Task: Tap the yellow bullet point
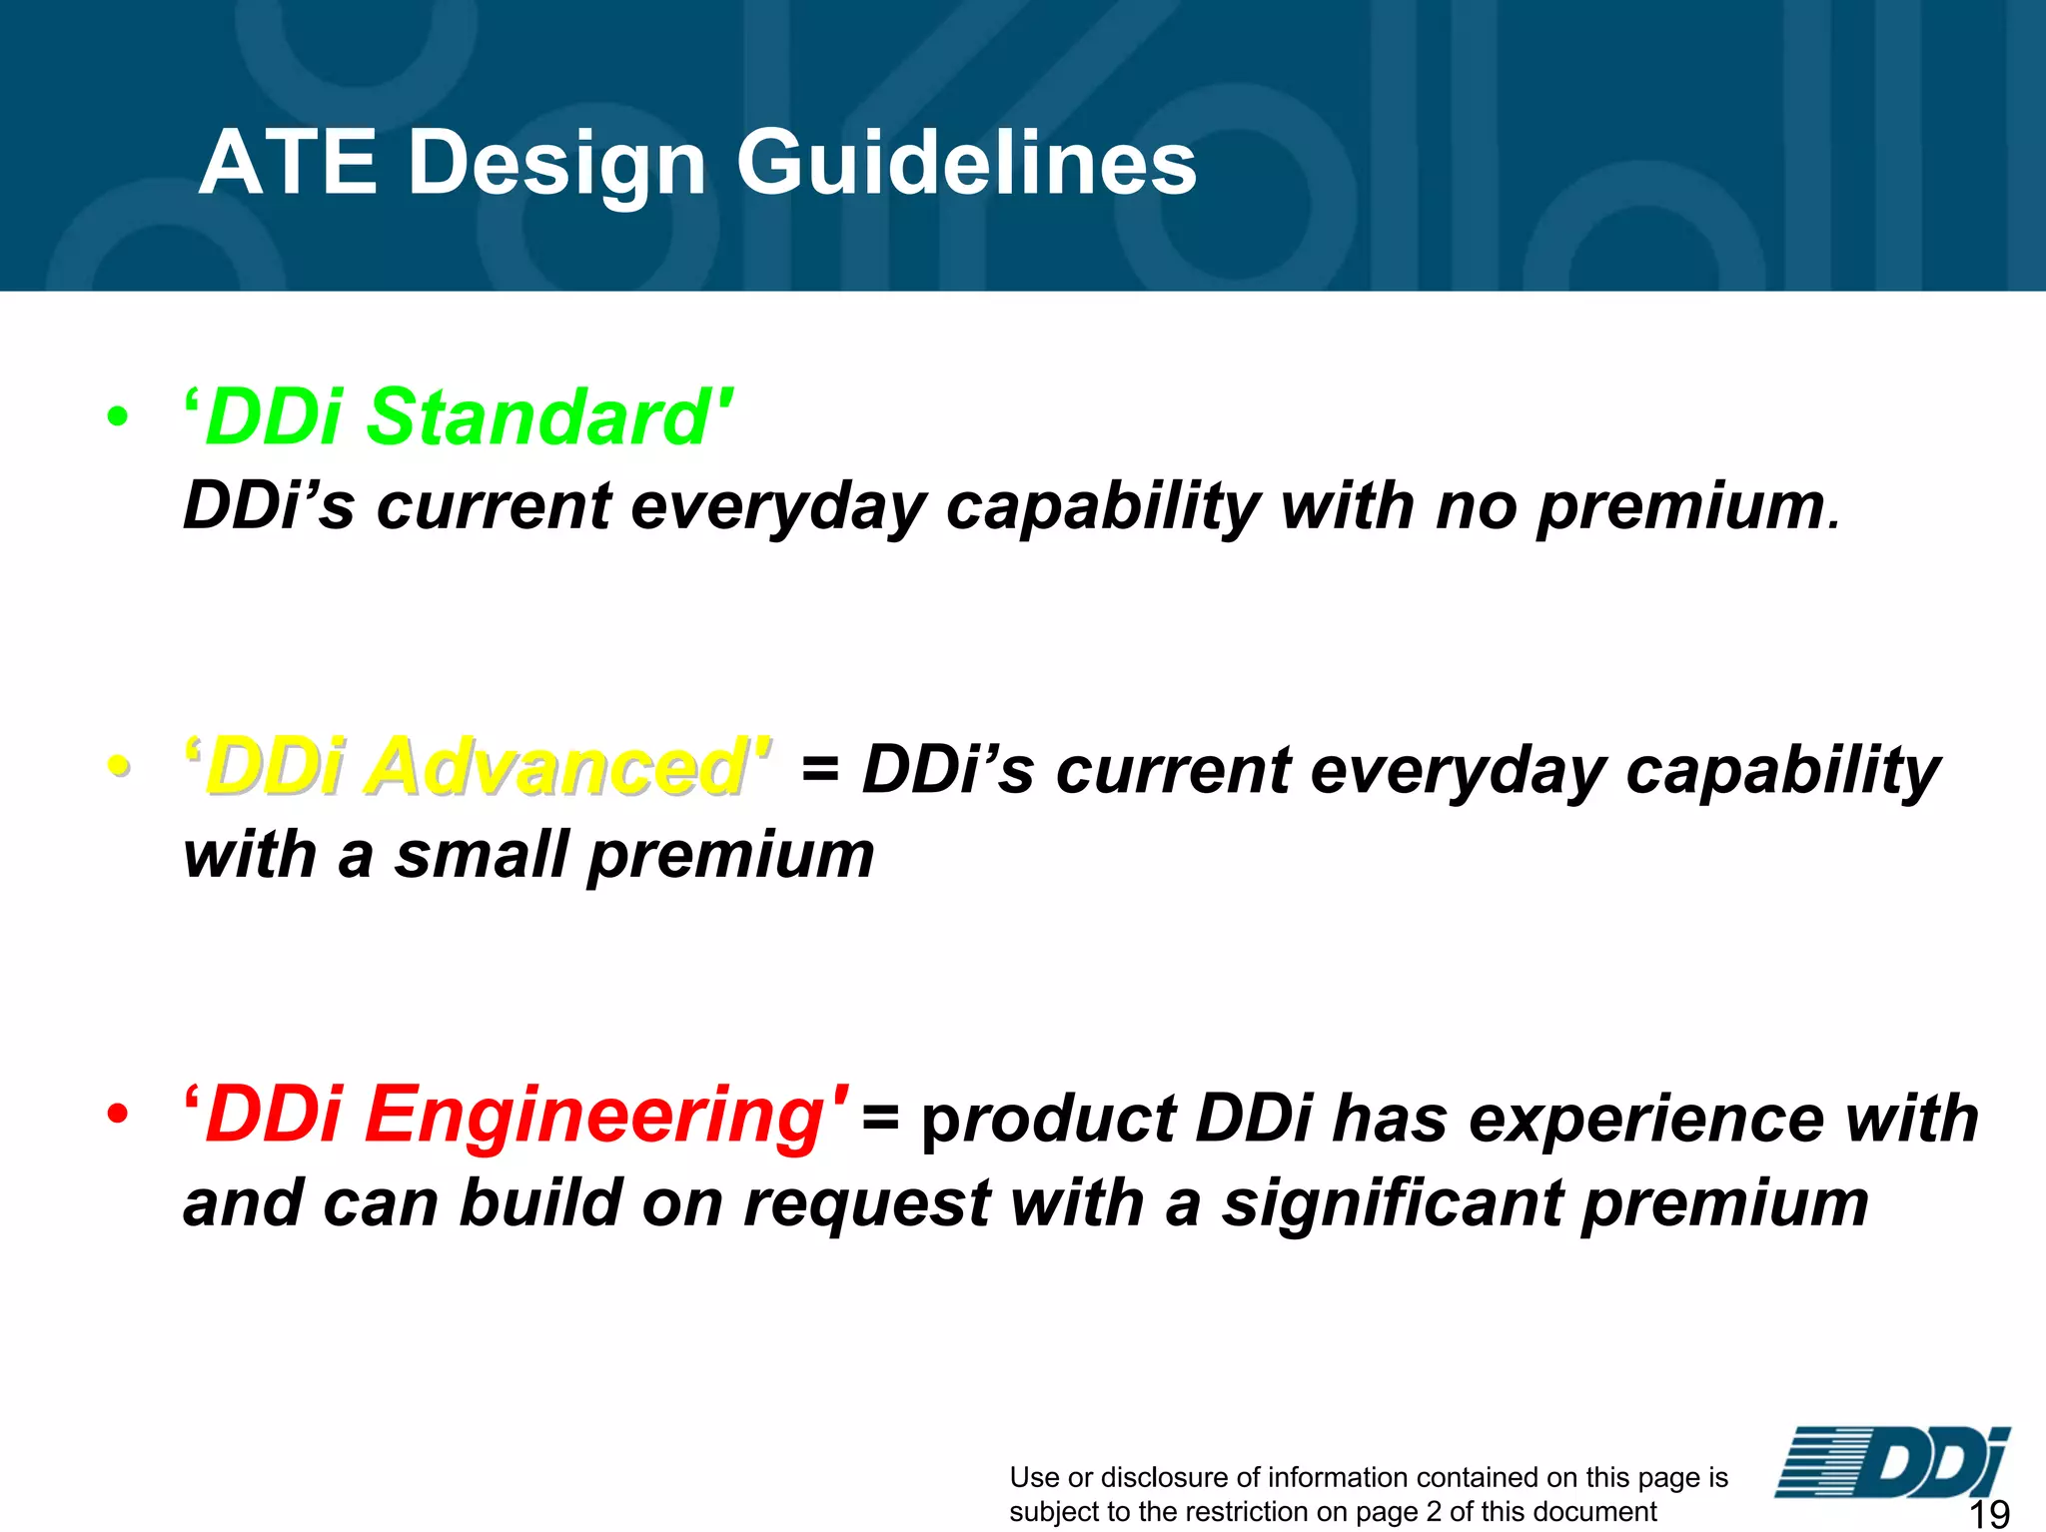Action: point(118,767)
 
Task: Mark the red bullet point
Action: point(118,1115)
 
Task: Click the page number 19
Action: point(1988,1514)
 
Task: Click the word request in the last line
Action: point(866,1203)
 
